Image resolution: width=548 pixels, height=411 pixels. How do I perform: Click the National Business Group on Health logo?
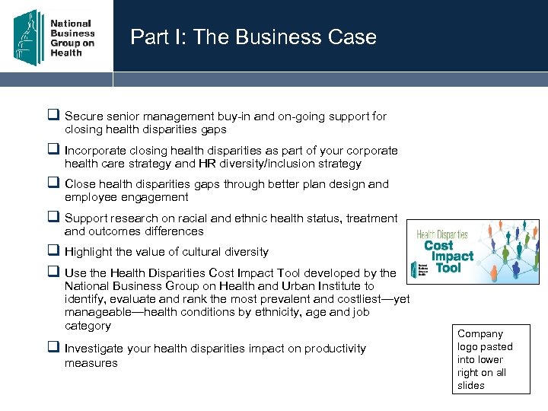[56, 37]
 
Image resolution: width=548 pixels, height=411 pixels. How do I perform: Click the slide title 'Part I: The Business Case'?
[253, 37]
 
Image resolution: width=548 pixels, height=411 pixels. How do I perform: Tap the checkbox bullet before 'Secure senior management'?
[54, 116]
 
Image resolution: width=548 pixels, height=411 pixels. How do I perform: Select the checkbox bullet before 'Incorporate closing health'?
[54, 150]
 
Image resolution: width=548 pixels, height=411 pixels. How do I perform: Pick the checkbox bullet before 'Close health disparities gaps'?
[54, 183]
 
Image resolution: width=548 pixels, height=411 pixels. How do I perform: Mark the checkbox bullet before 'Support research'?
[54, 218]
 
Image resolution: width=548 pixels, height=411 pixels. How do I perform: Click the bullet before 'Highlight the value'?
[54, 251]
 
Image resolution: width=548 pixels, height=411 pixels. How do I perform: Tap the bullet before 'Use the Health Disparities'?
[54, 272]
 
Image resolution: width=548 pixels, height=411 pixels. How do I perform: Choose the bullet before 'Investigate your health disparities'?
[54, 349]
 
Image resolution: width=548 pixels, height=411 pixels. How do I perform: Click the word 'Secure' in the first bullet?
[84, 116]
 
